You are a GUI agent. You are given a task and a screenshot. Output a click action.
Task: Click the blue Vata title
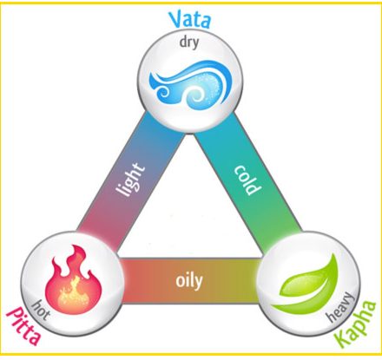click(190, 19)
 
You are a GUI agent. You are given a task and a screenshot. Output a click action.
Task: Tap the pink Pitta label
click(24, 326)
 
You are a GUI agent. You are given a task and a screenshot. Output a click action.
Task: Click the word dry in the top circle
click(189, 43)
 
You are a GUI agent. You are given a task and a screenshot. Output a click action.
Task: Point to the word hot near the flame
click(40, 311)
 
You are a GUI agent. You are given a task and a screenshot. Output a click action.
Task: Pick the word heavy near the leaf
click(341, 308)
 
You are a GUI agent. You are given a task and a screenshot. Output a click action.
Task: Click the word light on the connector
click(130, 180)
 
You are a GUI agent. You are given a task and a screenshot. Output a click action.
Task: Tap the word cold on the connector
click(247, 180)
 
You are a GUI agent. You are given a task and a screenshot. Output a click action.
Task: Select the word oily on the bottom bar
click(189, 281)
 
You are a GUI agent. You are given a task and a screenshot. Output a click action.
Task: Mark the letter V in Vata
click(175, 20)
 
